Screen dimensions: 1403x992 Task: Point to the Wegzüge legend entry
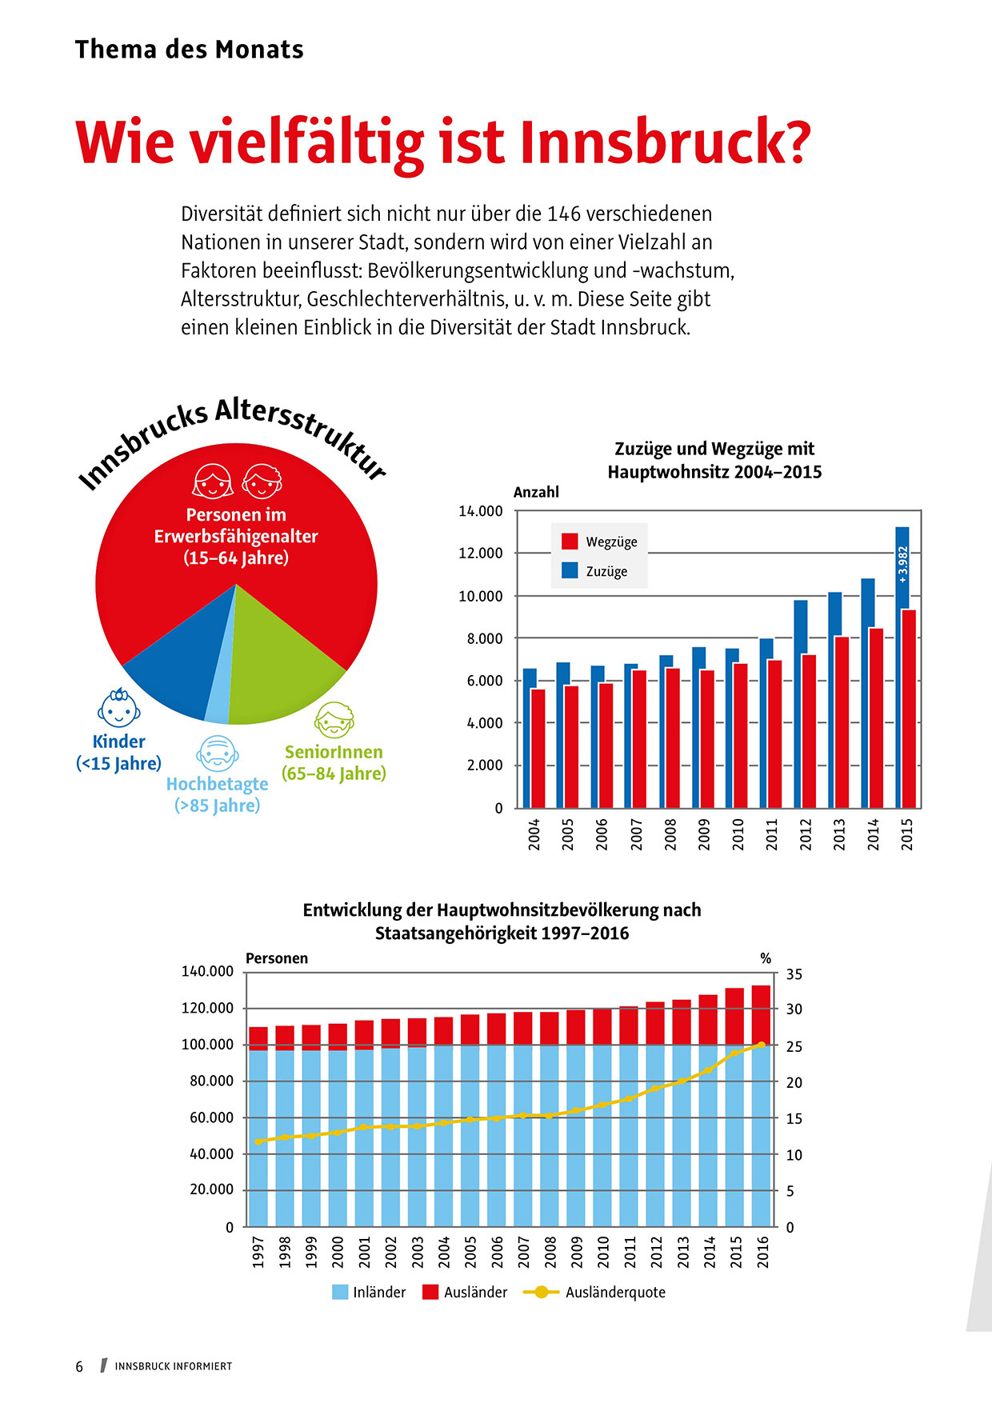click(599, 542)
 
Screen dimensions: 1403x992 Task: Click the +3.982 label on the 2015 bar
click(903, 564)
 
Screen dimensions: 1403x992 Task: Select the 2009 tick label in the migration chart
click(704, 833)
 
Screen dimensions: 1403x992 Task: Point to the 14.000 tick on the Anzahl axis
click(480, 511)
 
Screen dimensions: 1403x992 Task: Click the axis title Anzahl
click(536, 492)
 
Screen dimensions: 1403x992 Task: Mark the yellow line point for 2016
click(761, 1044)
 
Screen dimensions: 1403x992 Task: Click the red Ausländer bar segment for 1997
click(258, 1038)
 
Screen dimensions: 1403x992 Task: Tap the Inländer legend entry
click(369, 1292)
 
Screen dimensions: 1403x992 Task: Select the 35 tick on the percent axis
click(794, 974)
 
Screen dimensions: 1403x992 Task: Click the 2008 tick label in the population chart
click(550, 1251)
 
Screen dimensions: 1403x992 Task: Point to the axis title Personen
click(276, 958)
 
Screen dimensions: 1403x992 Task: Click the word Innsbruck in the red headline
click(665, 142)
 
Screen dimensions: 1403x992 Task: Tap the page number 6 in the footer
click(79, 1366)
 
